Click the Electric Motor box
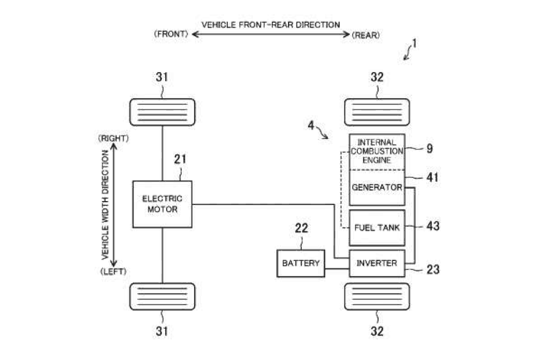tap(162, 204)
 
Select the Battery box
tap(301, 263)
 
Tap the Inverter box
tap(377, 263)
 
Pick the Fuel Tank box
tap(377, 228)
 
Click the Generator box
tap(377, 188)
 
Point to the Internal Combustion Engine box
tap(377, 152)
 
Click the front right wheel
tap(162, 112)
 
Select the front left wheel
tap(162, 297)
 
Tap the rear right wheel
tap(377, 112)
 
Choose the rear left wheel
tap(377, 297)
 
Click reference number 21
tap(180, 159)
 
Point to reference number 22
tap(301, 228)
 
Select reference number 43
tap(433, 226)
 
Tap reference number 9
tap(430, 148)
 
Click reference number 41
tap(432, 177)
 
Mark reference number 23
tap(433, 269)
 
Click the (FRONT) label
tap(171, 34)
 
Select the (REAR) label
tap(366, 35)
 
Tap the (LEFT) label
tap(113, 271)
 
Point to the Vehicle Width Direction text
tap(105, 205)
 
